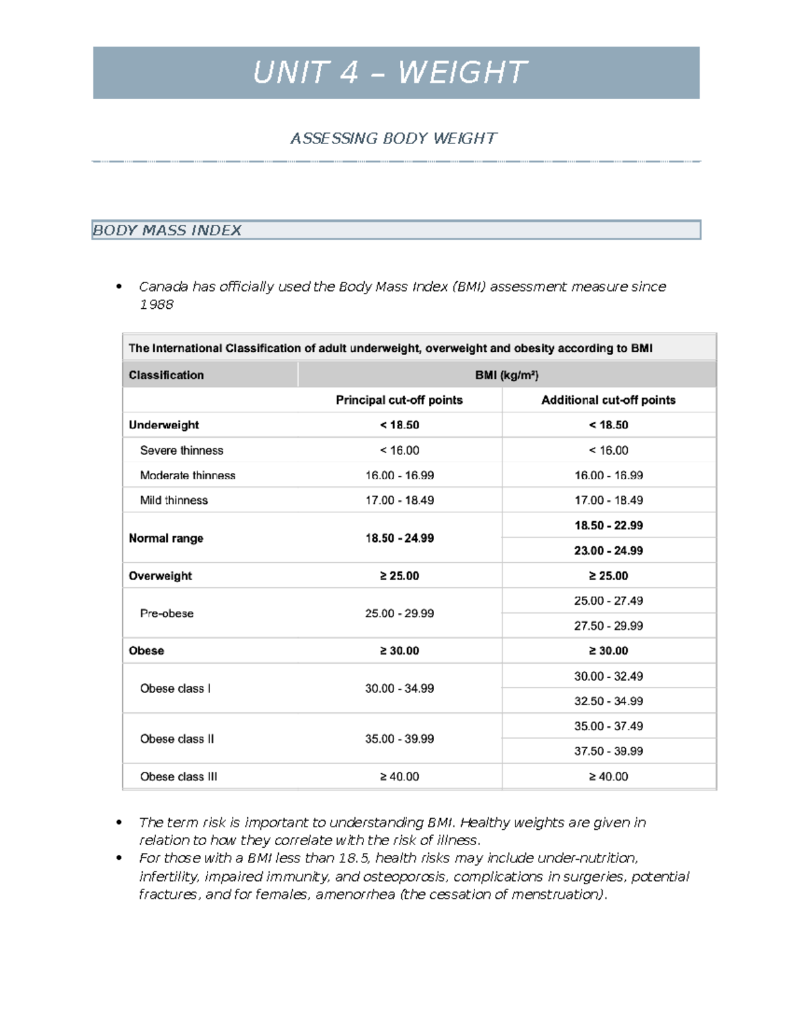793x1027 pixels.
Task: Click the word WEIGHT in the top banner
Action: pos(462,73)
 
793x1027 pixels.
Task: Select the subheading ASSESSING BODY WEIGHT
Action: pos(393,138)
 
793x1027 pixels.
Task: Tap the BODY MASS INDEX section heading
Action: pos(167,230)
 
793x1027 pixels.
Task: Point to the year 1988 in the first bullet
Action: pos(156,305)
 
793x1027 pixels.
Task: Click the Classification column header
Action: pos(166,375)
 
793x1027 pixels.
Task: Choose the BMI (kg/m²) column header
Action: pos(506,375)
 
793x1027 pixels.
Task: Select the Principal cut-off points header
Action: pos(399,400)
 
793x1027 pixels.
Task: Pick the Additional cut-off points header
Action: pos(608,400)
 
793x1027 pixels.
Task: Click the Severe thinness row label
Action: pos(181,450)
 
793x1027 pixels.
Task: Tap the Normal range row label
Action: pos(166,538)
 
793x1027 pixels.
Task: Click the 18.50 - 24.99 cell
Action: pos(399,538)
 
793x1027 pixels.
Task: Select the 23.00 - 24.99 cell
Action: pos(608,550)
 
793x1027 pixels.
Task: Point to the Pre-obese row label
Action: pos(167,614)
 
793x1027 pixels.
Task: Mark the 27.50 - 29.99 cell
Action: pos(608,626)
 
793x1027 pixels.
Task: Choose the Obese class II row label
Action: pos(176,739)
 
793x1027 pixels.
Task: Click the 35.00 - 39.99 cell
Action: pos(399,739)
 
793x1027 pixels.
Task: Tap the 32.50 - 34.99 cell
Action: pos(608,701)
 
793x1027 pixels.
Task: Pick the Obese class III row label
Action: pos(178,776)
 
